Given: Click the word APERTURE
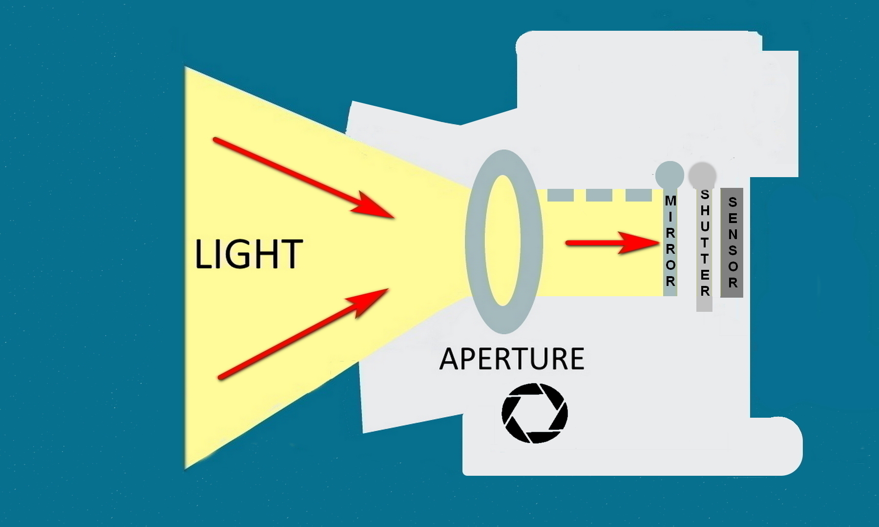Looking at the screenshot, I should click(511, 359).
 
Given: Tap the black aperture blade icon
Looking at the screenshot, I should click(535, 413).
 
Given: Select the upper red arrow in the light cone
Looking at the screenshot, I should click(303, 178).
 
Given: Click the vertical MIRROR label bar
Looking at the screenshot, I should click(670, 244).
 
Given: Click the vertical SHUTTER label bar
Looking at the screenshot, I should click(704, 249).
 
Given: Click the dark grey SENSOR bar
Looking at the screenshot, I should click(732, 243).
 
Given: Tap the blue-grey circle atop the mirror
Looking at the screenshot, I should click(670, 175).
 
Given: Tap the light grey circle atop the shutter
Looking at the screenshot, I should click(702, 175).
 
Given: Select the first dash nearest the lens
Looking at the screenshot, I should click(560, 195).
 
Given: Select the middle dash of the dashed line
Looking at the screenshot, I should click(599, 195).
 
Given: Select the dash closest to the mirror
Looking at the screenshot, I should click(638, 195).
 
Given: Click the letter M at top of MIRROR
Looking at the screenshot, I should click(670, 201).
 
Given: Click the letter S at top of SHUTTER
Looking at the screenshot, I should click(705, 195).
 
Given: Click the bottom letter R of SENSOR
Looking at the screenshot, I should click(732, 283).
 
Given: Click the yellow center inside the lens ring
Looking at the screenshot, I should click(502, 241).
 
